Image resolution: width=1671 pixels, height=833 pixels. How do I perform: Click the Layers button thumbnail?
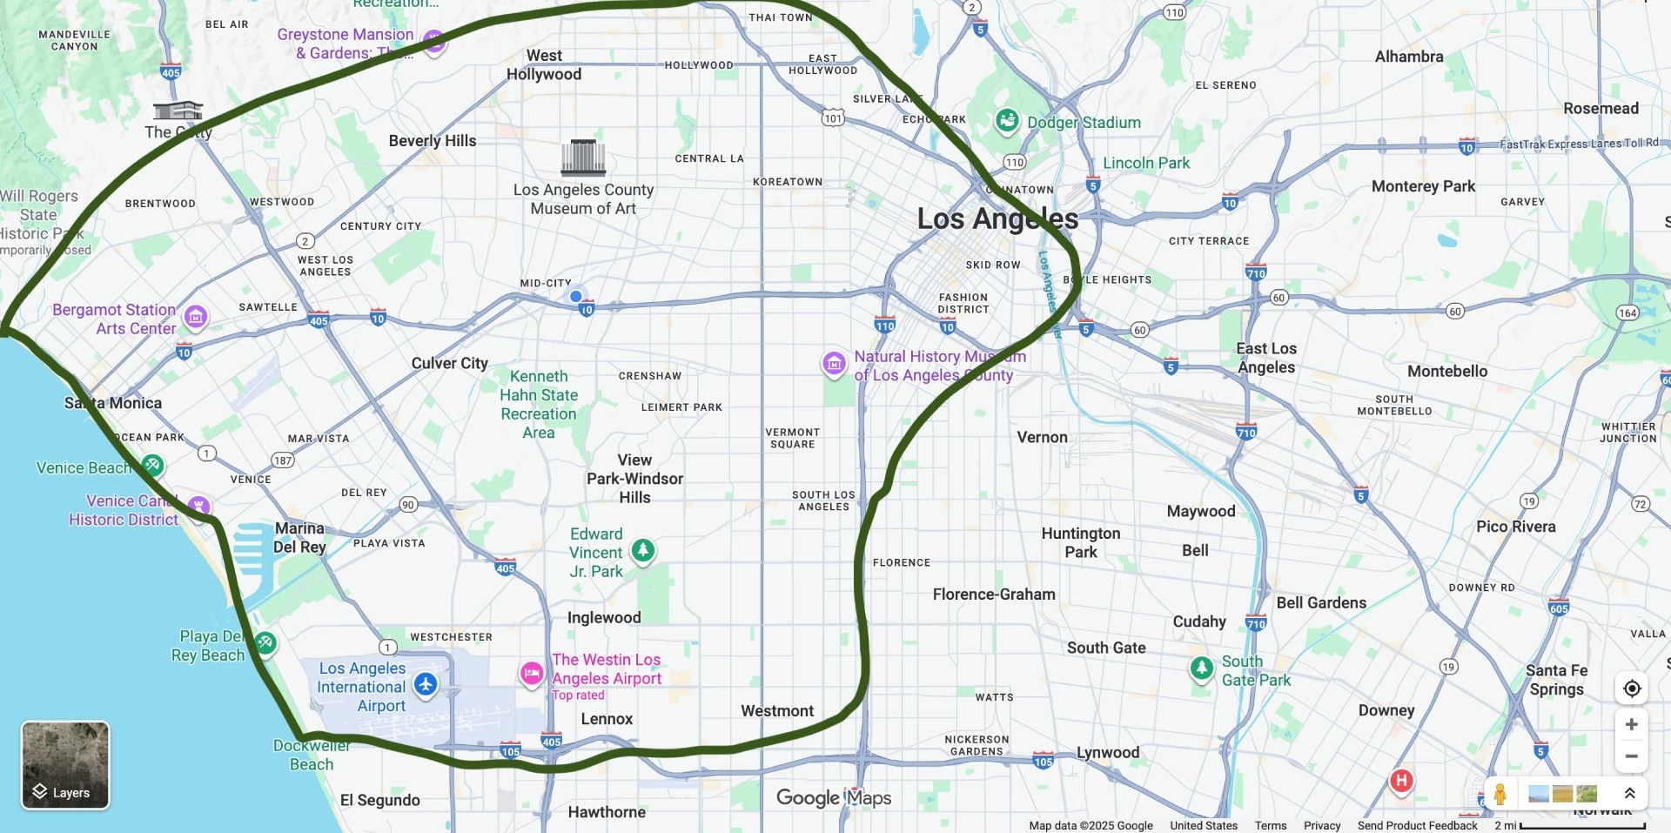(65, 764)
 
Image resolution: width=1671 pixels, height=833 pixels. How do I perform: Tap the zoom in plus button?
(1632, 724)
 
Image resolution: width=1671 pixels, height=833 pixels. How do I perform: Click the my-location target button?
(1632, 689)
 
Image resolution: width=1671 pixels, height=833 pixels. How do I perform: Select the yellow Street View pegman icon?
(1500, 794)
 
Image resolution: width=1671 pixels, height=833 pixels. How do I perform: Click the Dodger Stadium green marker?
(1007, 121)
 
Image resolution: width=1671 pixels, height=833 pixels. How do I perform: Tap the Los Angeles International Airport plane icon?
(426, 684)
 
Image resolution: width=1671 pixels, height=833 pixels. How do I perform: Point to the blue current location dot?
(575, 296)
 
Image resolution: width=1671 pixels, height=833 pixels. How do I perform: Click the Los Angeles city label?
(997, 218)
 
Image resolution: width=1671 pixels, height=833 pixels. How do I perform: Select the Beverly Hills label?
(433, 141)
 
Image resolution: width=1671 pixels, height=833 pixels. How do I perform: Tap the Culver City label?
(449, 363)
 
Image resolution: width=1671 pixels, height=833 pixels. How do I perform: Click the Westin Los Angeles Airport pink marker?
(532, 673)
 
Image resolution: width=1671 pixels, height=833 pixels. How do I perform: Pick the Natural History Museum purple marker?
(834, 363)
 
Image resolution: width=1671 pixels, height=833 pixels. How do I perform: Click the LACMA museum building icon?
(583, 158)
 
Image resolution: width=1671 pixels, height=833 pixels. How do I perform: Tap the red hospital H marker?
(1401, 781)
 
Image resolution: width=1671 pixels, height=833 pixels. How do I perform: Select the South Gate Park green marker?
(1202, 668)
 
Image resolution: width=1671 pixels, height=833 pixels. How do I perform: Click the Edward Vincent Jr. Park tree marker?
(643, 550)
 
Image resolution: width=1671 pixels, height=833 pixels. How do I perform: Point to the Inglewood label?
(604, 617)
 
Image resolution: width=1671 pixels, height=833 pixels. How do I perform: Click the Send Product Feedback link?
(1417, 825)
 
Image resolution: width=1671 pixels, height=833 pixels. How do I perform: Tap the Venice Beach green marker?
(152, 465)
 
